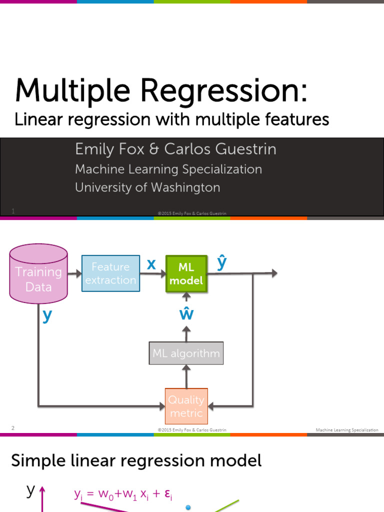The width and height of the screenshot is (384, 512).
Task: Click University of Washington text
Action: coord(147,187)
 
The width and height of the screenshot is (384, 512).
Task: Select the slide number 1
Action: coord(13,211)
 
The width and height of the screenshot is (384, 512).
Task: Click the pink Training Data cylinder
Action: coord(38,273)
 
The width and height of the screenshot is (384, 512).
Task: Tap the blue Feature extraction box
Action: coord(110,273)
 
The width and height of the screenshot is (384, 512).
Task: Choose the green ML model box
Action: coord(186,274)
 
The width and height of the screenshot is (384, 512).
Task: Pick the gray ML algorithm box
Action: coord(186,353)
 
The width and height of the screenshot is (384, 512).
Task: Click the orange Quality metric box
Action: coord(186,406)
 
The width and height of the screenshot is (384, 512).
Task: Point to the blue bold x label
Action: coord(151,264)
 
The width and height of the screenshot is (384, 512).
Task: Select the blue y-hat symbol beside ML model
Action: coord(221,262)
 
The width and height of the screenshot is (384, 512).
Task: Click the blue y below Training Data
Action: coord(47,316)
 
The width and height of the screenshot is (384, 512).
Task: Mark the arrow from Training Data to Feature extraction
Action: coord(74,273)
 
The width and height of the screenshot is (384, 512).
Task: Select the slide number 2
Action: coord(13,428)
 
